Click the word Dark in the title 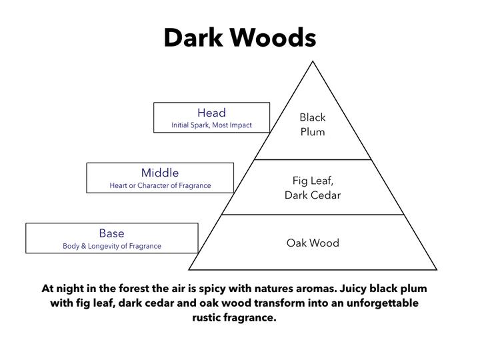[x=193, y=37]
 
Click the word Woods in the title [x=273, y=37]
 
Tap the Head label [x=211, y=113]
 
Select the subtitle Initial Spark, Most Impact [x=211, y=125]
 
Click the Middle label [x=160, y=173]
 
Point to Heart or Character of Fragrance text [x=160, y=185]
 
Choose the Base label [x=112, y=233]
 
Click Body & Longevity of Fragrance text [x=112, y=246]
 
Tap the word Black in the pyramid [x=313, y=117]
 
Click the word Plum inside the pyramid [x=313, y=132]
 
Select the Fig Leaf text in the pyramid [x=313, y=181]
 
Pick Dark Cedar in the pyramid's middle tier [x=313, y=195]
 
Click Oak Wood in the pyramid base [x=313, y=243]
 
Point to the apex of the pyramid [x=313, y=61]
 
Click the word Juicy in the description [x=354, y=289]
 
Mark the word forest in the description [x=134, y=289]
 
